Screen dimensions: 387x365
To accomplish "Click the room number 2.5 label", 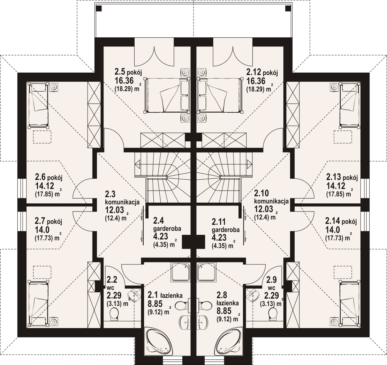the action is tap(120, 72).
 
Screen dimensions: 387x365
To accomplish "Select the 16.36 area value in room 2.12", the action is tap(256, 81).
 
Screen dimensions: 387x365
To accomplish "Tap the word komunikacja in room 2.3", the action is tap(122, 202).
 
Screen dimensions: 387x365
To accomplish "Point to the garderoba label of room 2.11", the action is tap(226, 230).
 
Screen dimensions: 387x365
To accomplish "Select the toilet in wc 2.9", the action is tap(273, 314).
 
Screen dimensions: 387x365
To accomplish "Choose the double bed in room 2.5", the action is tap(167, 95).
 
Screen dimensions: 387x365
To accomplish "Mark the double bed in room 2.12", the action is tap(220, 95).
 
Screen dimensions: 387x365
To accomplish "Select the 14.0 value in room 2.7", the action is tap(42, 230).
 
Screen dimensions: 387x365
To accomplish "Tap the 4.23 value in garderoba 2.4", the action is tap(160, 237).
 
